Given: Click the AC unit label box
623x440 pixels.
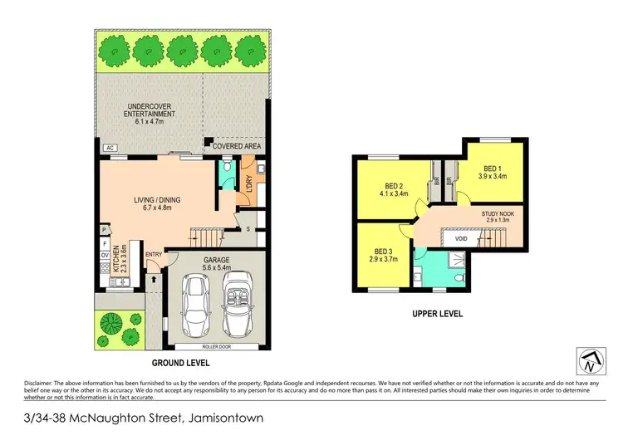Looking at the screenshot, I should coord(108,149).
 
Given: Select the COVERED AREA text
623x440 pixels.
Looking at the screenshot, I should coord(237,146).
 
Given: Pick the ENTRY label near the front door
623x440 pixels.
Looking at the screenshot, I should coord(154,255).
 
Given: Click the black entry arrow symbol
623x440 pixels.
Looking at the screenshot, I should coord(153,270).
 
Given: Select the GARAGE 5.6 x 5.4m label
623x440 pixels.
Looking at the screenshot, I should coord(217,263).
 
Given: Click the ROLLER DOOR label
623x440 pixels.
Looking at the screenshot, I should coord(217,346).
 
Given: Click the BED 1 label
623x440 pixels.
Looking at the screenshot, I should coord(491,170).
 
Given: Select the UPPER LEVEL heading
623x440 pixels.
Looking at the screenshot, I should coord(436,314).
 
